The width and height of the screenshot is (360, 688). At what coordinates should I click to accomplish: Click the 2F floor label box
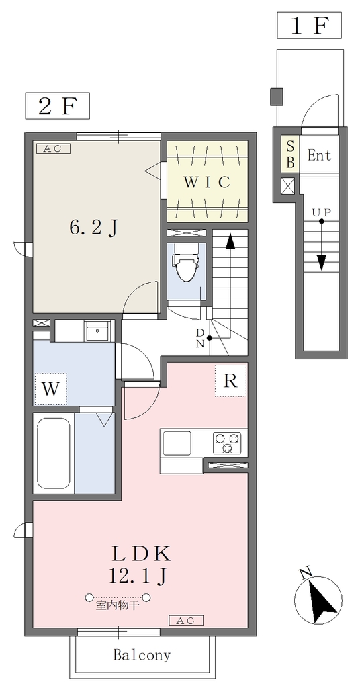58,105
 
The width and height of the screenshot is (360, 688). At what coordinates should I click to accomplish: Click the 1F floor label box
309,26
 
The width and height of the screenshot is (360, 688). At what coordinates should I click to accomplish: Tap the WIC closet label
206,181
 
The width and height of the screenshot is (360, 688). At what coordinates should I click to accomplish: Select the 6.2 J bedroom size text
93,227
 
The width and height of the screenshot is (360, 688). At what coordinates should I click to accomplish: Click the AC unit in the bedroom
56,148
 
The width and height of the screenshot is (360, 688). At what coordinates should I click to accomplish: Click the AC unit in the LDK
186,620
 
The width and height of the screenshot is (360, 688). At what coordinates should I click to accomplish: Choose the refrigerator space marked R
230,380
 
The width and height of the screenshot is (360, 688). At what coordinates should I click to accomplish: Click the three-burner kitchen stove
227,443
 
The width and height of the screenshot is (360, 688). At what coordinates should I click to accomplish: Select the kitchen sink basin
177,443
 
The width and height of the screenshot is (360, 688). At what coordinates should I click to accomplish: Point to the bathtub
54,453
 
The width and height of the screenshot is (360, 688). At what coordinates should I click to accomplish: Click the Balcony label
142,656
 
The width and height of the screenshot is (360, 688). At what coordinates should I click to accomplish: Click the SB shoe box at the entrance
290,154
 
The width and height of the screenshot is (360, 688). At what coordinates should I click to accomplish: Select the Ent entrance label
319,155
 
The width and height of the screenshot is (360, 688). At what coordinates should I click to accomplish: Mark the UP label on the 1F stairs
322,212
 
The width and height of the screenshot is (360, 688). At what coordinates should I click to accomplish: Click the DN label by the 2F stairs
200,338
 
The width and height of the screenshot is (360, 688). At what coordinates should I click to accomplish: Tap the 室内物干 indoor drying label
118,607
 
